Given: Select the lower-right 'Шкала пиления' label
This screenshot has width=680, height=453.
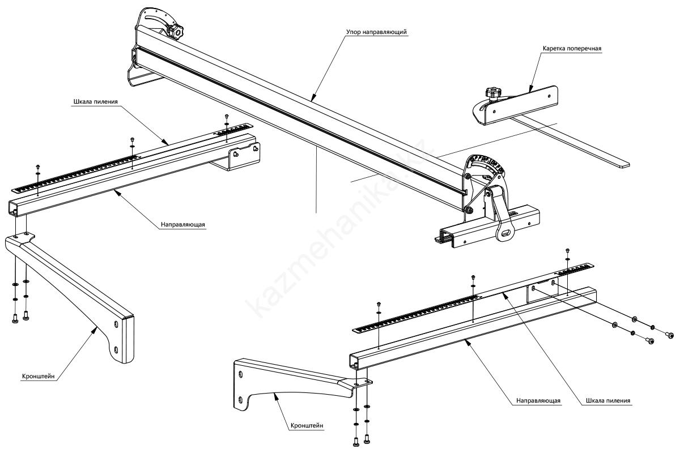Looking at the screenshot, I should point(608,401).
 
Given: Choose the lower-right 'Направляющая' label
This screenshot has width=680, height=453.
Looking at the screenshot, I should point(538,401).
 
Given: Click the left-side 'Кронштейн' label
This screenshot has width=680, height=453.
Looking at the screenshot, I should point(39,375).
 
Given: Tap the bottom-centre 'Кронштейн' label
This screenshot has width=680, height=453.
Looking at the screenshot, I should point(308,424).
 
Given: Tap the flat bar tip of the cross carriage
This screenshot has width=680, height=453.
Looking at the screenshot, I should point(622,164).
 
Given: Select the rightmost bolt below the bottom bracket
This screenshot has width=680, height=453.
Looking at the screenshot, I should point(368,438).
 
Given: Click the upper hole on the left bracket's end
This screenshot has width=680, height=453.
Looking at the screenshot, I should point(116,324).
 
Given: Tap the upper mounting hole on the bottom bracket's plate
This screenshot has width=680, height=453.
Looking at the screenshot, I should point(241,374).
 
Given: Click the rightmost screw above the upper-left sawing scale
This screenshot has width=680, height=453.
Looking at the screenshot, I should point(226,117).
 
